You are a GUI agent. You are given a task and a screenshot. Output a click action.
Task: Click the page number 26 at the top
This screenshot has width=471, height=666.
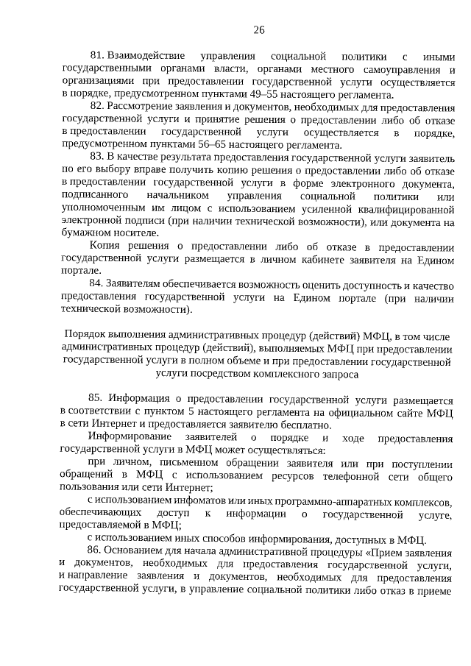coord(258,29)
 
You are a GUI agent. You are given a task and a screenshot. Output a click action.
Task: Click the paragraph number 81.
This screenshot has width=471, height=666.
coord(96,56)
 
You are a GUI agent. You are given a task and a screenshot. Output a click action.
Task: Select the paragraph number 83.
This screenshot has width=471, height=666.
coord(96,157)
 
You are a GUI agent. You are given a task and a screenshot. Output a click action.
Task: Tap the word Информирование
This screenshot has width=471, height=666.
coord(127,438)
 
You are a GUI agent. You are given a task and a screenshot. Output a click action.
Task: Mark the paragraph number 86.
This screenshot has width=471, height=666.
coord(96,551)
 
